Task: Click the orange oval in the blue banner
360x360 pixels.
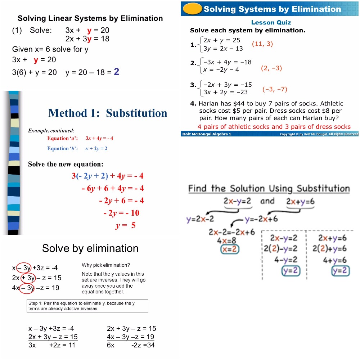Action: click(x=192, y=9)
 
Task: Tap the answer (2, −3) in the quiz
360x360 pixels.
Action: click(x=271, y=68)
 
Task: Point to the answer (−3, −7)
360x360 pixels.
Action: click(x=275, y=89)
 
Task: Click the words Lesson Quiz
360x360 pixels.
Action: click(x=271, y=22)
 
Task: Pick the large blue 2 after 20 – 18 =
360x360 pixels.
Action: click(x=116, y=72)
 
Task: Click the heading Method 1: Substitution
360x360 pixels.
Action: click(x=108, y=113)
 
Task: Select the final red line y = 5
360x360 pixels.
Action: click(x=125, y=226)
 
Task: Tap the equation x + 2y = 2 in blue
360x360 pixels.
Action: click(x=96, y=148)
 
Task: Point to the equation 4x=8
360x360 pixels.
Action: click(x=227, y=240)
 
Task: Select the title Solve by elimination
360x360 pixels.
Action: click(x=90, y=248)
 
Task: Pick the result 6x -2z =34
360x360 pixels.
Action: click(x=131, y=345)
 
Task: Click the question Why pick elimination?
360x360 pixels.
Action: click(x=105, y=265)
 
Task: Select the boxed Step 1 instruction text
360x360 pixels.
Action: click(x=87, y=306)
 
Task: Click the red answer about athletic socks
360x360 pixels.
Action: click(x=274, y=127)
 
